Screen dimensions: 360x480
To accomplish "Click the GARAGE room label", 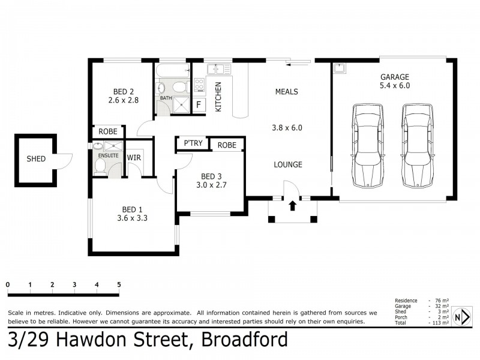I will pos(394,77).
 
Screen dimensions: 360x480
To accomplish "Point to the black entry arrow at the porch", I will pos(293,206).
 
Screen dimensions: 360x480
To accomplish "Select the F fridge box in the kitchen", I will pos(199,105).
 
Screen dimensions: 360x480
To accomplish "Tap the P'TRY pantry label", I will pos(193,145).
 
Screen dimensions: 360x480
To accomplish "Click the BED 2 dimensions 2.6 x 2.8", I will pos(124,100).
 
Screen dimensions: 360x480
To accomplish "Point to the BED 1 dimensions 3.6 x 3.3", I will pos(133,218).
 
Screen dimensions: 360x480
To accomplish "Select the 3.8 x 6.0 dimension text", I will pos(287,128).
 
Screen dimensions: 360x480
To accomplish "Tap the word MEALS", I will pos(287,92).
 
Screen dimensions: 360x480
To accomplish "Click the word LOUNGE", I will pos(288,164).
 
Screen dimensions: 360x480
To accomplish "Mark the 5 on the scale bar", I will pos(119,284).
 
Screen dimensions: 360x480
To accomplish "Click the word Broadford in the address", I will pos(244,340).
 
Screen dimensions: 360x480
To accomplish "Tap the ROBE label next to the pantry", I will pos(227,145).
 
